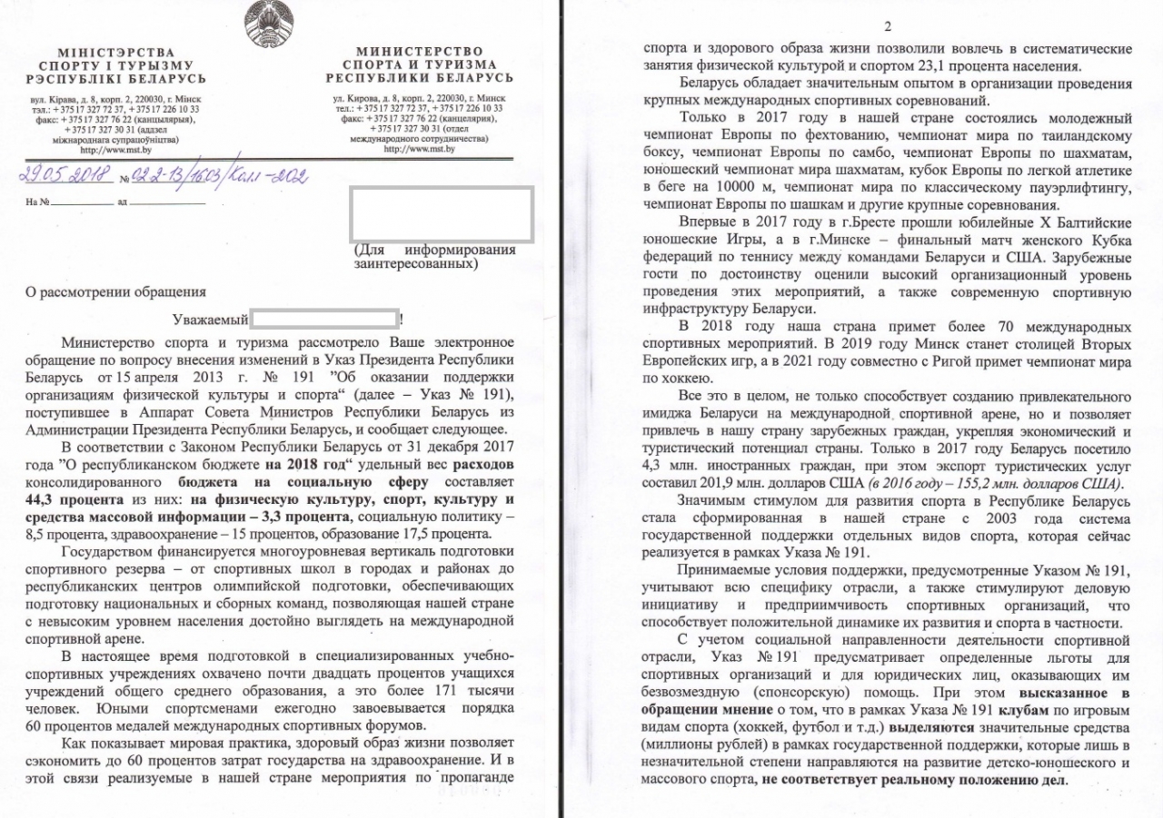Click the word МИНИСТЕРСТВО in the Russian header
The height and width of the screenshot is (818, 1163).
[x=420, y=52]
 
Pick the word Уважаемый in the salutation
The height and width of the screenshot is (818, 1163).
[x=209, y=320]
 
